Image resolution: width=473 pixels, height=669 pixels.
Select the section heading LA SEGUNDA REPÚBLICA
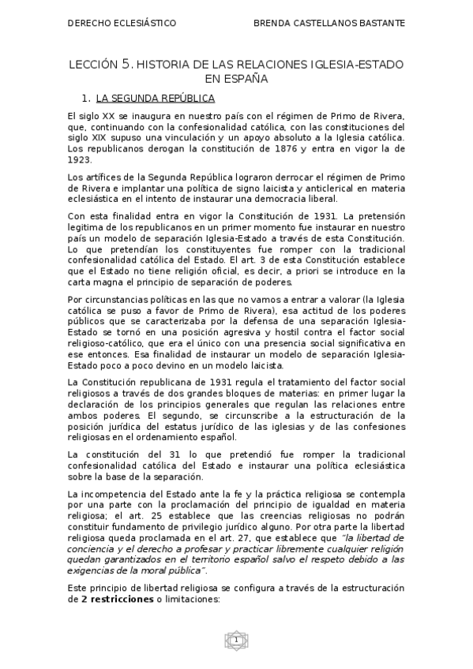(x=156, y=99)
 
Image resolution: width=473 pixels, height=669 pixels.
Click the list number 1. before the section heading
(x=86, y=99)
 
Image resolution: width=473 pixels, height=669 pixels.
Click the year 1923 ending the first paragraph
(x=81, y=159)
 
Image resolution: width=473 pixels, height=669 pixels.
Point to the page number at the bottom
(x=235, y=640)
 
